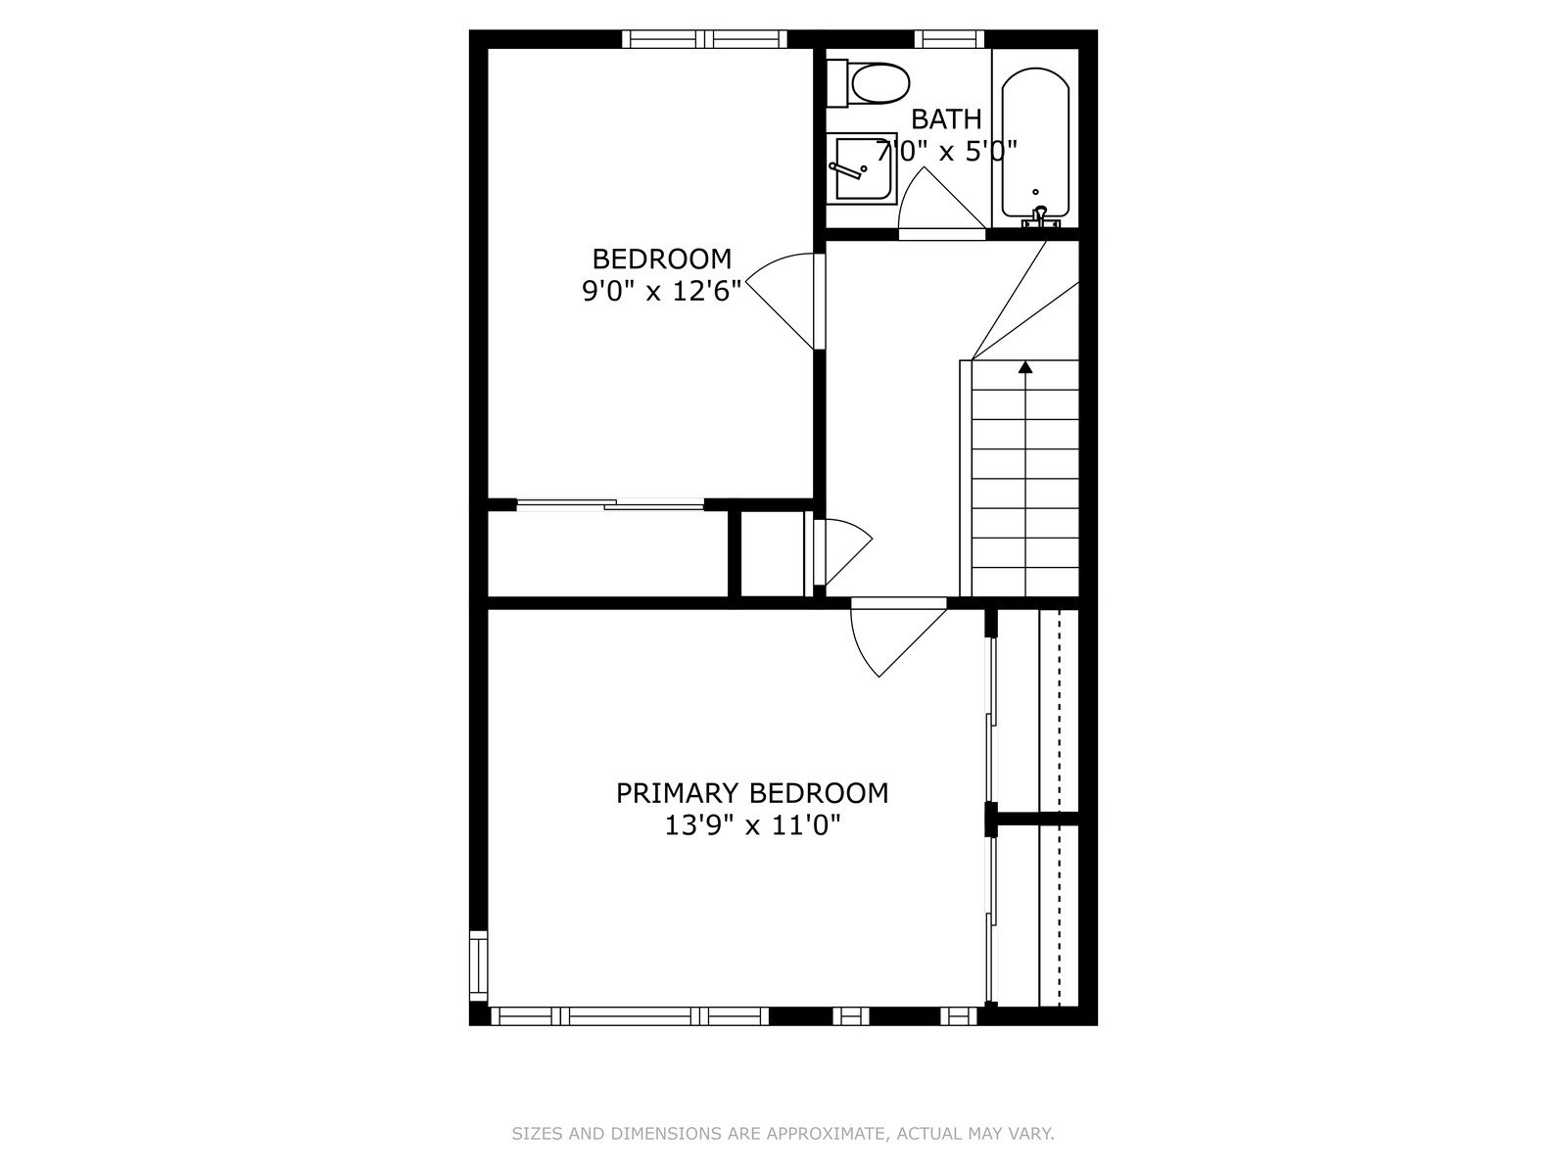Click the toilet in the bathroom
[868, 83]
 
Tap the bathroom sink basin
[862, 168]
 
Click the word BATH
[946, 119]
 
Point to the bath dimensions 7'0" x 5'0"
[946, 151]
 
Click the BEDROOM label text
[662, 258]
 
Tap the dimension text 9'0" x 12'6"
[662, 291]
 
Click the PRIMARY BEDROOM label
[752, 793]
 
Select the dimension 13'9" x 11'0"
[752, 825]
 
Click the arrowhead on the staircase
[1025, 366]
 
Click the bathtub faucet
[1040, 216]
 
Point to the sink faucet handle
[847, 169]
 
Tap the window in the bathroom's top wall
[949, 38]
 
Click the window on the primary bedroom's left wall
[478, 966]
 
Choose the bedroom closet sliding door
[610, 505]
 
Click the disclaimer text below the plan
[783, 1134]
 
